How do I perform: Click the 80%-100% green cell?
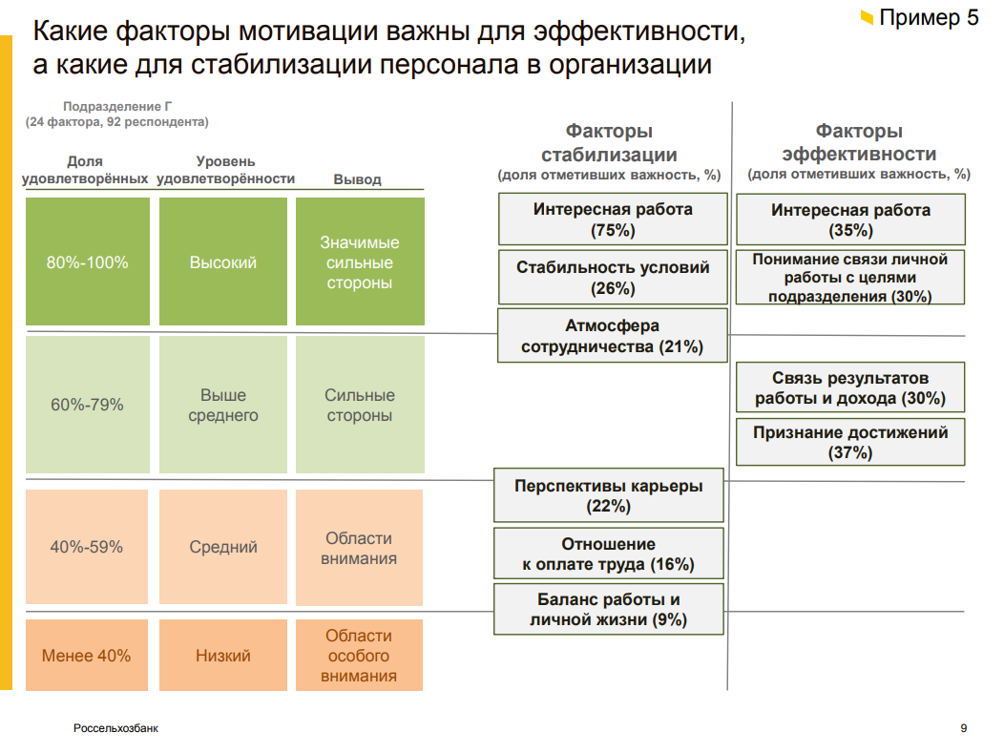88,261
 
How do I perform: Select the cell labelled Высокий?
222,261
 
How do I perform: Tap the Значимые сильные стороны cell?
360,261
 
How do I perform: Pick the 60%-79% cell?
88,405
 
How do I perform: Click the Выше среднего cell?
222,405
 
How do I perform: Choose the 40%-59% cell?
87,547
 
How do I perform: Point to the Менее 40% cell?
87,655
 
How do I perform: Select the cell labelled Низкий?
222,655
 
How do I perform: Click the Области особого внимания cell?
359,655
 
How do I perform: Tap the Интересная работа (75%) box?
613,219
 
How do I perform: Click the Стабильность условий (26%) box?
613,278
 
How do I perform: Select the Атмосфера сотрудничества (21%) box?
612,336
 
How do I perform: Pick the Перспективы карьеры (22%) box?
608,495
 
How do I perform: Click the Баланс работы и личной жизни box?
608,609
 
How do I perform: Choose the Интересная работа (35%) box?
850,220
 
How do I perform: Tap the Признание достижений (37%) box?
850,442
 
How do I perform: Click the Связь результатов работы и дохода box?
850,387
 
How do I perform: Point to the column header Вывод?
357,179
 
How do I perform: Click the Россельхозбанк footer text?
115,728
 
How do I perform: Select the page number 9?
964,728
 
